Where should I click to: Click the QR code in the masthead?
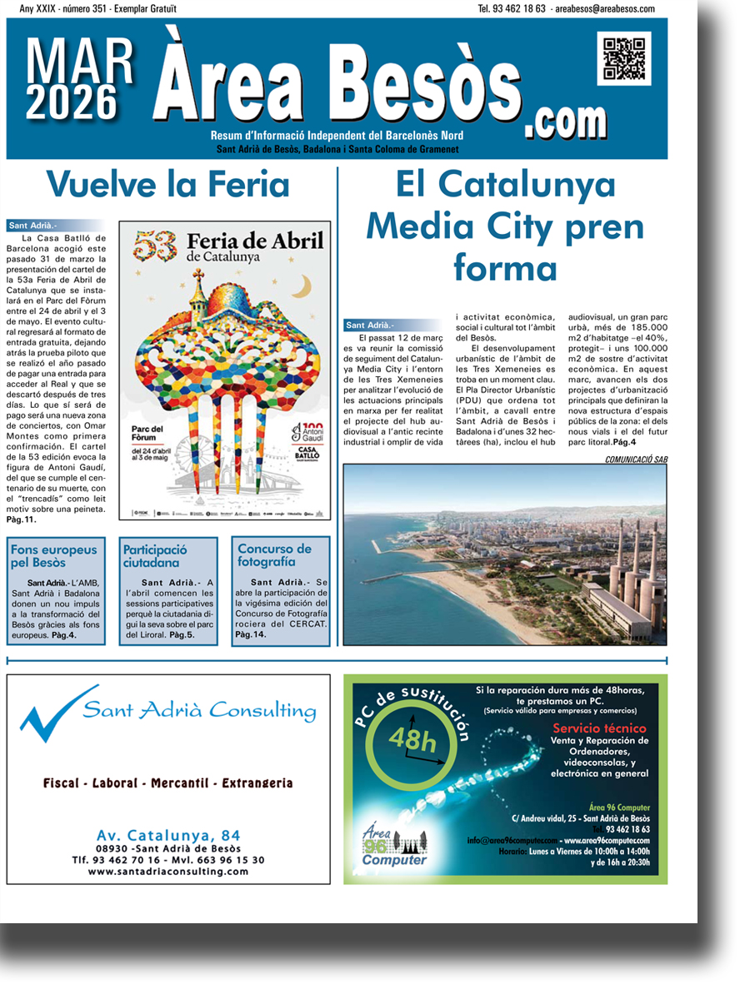[x=624, y=57]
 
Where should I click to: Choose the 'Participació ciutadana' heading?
[x=155, y=556]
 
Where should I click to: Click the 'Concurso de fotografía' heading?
[x=274, y=555]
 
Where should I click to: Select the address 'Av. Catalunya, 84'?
[x=168, y=835]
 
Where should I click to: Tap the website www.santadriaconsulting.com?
[x=168, y=872]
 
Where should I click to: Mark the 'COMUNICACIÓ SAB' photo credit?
[x=636, y=459]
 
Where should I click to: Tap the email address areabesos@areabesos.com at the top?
[x=603, y=8]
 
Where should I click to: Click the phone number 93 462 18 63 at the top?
[x=512, y=8]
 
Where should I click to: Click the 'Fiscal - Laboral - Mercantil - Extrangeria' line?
[x=168, y=783]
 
